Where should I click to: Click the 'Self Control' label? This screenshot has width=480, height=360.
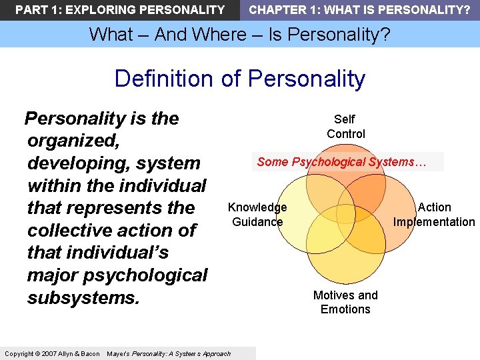pos(345,127)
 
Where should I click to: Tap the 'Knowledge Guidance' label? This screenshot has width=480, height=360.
pos(257,215)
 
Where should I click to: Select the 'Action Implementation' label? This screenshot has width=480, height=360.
pos(434,215)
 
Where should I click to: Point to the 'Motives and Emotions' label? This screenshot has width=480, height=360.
pos(345,302)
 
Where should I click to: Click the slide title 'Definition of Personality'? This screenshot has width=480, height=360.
pos(240,79)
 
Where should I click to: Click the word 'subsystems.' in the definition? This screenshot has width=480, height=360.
pos(83,297)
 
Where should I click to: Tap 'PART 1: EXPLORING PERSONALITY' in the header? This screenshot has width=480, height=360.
pos(120,10)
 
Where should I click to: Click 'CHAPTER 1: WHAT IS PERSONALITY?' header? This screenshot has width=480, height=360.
pos(359,10)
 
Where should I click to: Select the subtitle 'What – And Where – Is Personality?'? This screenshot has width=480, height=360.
pos(240,34)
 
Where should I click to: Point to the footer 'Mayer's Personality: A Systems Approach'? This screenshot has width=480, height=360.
pos(169,353)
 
